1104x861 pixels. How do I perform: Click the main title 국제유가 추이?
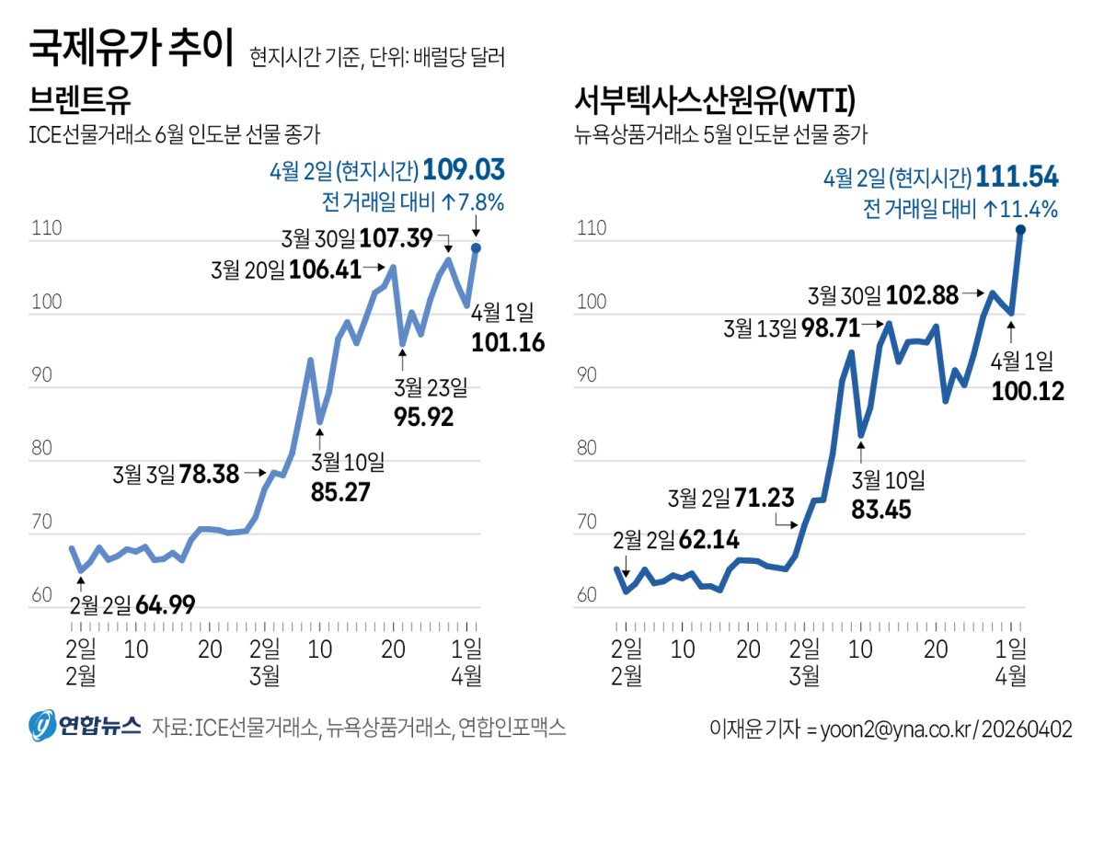tap(131, 49)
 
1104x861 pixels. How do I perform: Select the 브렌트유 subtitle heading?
tap(73, 99)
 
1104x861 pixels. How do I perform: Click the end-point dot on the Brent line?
tap(476, 247)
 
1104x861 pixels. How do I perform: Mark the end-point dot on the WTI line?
tap(1021, 229)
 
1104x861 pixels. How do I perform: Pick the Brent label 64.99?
tap(165, 605)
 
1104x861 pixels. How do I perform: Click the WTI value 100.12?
tap(1028, 391)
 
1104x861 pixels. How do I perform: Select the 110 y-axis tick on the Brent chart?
tap(45, 229)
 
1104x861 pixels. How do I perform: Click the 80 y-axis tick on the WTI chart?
tap(587, 449)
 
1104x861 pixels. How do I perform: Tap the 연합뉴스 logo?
tap(85, 727)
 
